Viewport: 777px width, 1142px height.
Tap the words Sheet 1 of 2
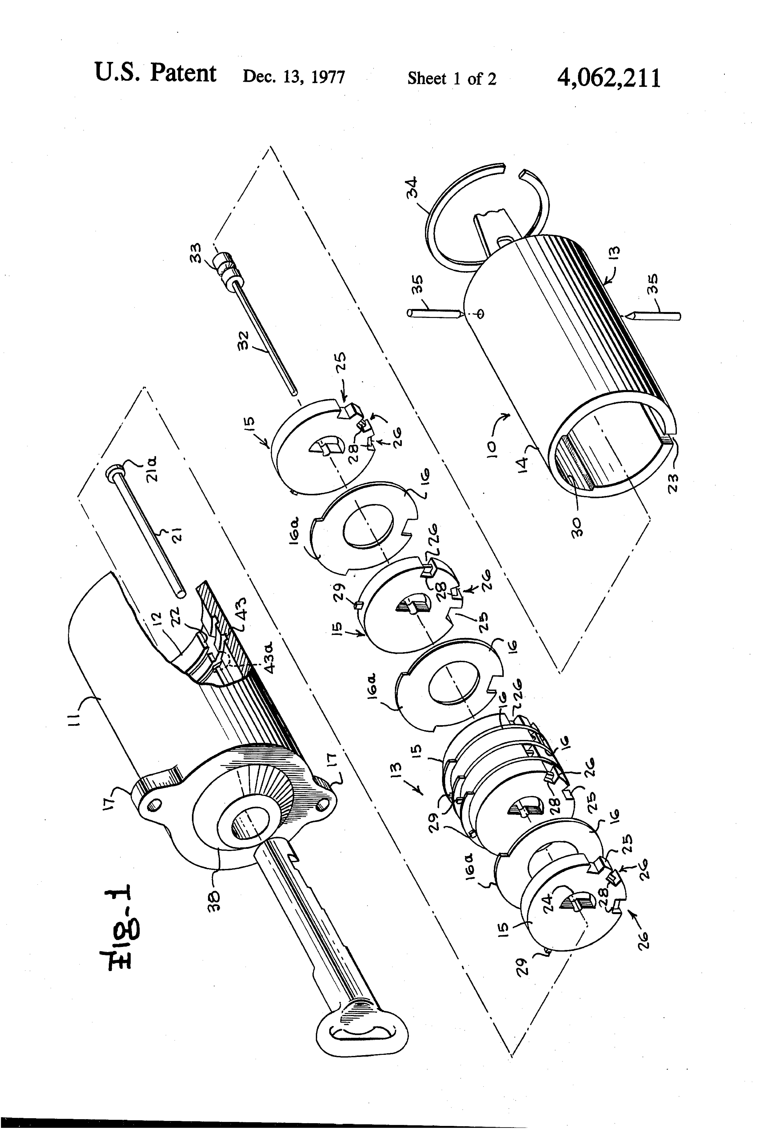(452, 79)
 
